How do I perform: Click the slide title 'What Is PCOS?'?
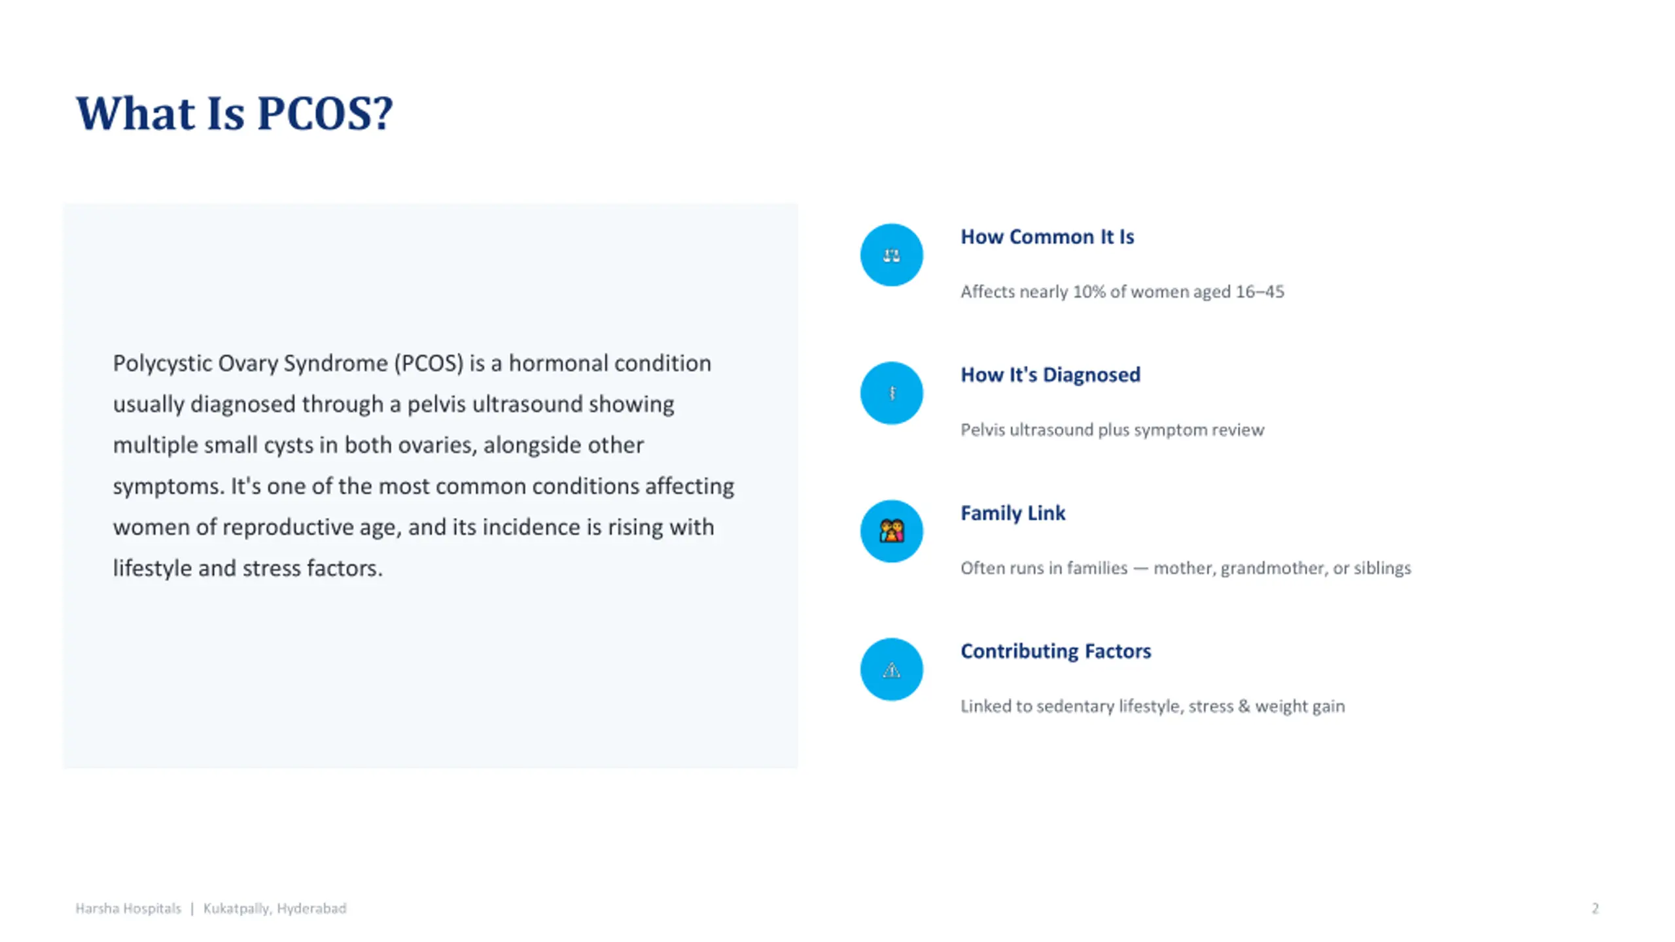click(234, 114)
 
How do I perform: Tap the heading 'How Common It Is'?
click(1047, 237)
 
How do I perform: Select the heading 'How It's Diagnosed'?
click(1050, 375)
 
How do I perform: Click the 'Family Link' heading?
click(1012, 513)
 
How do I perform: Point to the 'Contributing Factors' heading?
click(1055, 651)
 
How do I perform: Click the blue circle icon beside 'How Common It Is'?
click(891, 255)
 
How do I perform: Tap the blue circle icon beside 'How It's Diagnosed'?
click(891, 393)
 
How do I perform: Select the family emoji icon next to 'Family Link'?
click(891, 531)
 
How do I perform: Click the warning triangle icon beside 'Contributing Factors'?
click(891, 670)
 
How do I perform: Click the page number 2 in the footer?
click(1595, 909)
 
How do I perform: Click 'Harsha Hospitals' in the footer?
click(128, 909)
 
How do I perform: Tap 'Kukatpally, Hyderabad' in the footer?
click(275, 909)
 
